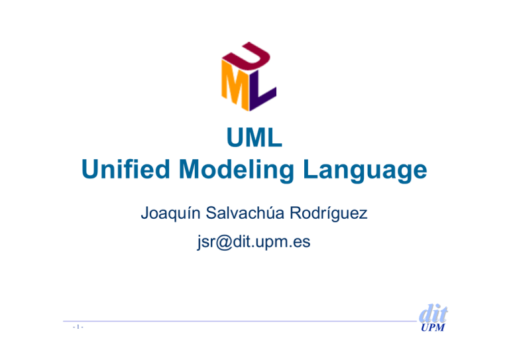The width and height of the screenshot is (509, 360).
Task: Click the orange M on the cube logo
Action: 235,84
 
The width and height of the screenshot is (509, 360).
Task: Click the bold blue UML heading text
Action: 254,137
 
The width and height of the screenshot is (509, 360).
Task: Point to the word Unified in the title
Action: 126,169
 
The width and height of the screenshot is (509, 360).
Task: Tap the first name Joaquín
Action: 170,213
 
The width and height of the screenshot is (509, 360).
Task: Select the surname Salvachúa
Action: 245,213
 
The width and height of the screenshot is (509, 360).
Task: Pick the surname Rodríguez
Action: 328,213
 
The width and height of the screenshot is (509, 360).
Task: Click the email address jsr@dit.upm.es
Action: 254,242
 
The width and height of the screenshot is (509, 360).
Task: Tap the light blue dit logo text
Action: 433,313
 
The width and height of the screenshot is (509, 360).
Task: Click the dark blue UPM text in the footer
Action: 433,328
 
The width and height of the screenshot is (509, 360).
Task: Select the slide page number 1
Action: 78,327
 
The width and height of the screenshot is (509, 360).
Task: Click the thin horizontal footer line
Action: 240,322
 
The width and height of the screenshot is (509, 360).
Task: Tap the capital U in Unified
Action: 90,169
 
